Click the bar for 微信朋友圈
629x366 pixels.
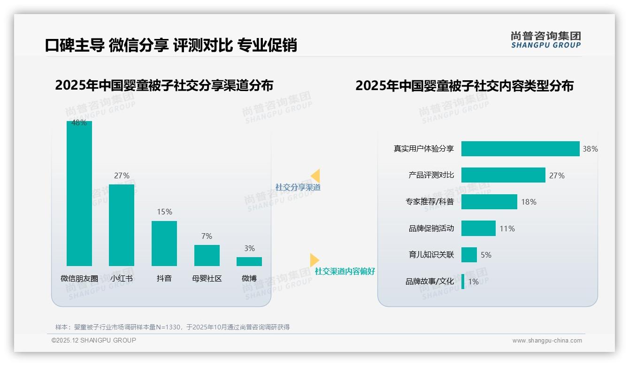[x=79, y=193]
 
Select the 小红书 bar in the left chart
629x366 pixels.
[x=122, y=225]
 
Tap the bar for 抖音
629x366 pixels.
[x=164, y=243]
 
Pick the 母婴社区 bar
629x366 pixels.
[x=207, y=255]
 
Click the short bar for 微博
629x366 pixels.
[x=249, y=261]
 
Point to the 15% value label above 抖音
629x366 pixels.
[x=164, y=212]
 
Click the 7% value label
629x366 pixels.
[x=207, y=236]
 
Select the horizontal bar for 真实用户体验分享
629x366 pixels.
[x=520, y=149]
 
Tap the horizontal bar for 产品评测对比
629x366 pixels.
[x=503, y=175]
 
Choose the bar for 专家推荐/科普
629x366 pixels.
[x=489, y=202]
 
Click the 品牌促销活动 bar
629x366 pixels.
[x=478, y=229]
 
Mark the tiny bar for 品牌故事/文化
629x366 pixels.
[x=463, y=282]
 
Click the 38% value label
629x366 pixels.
[x=590, y=149]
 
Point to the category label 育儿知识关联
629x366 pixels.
[x=431, y=255]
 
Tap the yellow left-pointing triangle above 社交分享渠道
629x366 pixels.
[x=315, y=175]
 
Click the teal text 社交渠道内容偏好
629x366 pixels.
[x=345, y=271]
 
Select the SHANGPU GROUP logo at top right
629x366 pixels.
[x=545, y=40]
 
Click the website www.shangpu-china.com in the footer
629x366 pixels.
[x=547, y=341]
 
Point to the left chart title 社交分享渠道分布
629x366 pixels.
[x=164, y=85]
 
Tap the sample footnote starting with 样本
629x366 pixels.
[x=172, y=327]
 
